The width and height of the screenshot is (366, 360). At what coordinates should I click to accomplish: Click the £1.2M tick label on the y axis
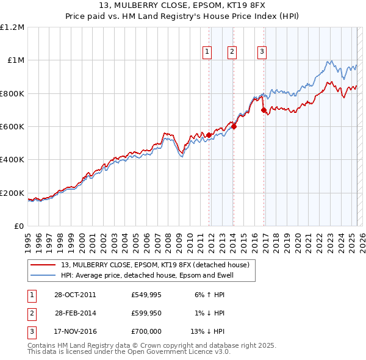point(13,27)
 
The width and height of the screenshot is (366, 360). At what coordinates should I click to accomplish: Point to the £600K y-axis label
point(13,127)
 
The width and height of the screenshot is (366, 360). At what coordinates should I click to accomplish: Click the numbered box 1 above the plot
point(207,52)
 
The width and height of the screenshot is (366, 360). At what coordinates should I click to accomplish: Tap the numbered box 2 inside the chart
point(232,52)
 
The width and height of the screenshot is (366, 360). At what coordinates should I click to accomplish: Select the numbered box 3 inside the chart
point(262,52)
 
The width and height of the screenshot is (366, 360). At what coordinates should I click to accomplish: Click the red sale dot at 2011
point(209,135)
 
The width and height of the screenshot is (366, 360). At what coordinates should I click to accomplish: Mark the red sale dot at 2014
point(234,127)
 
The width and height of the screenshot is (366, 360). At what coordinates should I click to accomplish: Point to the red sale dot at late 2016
point(263,110)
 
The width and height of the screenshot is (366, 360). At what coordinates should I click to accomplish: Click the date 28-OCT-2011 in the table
point(74,295)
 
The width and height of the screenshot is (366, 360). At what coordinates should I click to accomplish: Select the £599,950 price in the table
point(146,313)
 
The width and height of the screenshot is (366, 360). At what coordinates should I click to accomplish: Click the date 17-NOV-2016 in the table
point(74,331)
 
